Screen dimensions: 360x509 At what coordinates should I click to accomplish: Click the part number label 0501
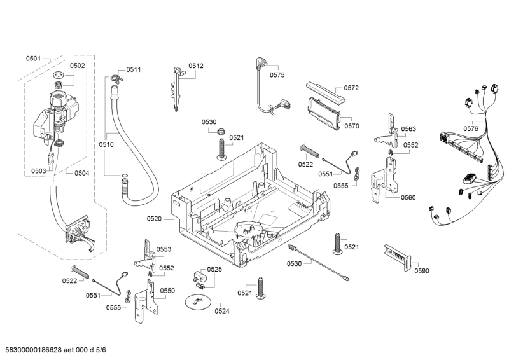[x=33, y=59]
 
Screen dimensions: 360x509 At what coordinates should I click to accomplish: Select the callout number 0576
[x=471, y=128]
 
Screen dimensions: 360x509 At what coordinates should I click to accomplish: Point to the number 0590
[x=421, y=271]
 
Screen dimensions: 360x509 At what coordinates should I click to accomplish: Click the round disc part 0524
[x=198, y=303]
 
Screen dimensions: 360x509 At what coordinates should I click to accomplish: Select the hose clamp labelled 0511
[x=115, y=78]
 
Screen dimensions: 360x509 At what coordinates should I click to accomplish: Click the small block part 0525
[x=200, y=277]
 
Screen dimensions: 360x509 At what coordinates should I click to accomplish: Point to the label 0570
[x=352, y=126]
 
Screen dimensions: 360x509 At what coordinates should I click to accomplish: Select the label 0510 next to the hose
[x=106, y=144]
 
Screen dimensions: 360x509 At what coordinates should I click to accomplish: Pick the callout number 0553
[x=164, y=249]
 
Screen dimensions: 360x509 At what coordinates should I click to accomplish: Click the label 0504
[x=81, y=173]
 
